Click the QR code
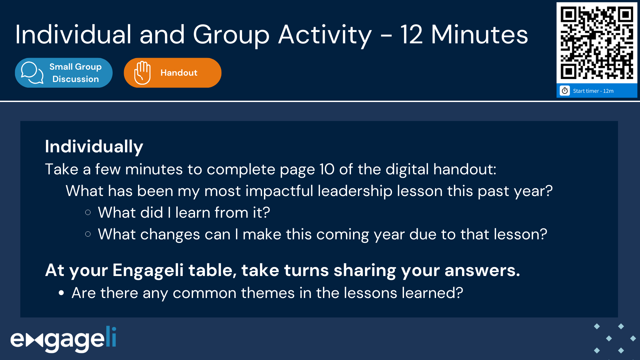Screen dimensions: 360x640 (x=597, y=43)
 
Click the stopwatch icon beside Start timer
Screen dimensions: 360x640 (x=565, y=91)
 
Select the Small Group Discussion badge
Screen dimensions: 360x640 (x=64, y=73)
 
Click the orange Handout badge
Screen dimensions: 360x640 (x=172, y=73)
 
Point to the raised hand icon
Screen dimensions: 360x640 (x=142, y=73)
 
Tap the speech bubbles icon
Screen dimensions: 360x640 (x=32, y=73)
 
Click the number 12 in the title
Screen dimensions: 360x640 (x=411, y=35)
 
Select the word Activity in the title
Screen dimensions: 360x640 (x=325, y=35)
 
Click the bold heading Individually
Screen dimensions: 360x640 (x=94, y=147)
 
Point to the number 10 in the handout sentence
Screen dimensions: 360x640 (x=327, y=169)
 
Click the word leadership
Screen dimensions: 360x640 (x=355, y=191)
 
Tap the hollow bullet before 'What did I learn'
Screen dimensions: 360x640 (x=88, y=213)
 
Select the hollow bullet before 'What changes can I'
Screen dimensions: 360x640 (x=88, y=234)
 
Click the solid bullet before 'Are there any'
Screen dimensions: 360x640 (x=61, y=293)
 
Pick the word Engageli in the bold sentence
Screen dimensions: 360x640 (x=148, y=270)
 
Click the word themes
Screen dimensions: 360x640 (x=268, y=293)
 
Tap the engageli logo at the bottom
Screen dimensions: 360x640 (x=63, y=339)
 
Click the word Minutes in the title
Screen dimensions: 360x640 (x=479, y=35)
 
